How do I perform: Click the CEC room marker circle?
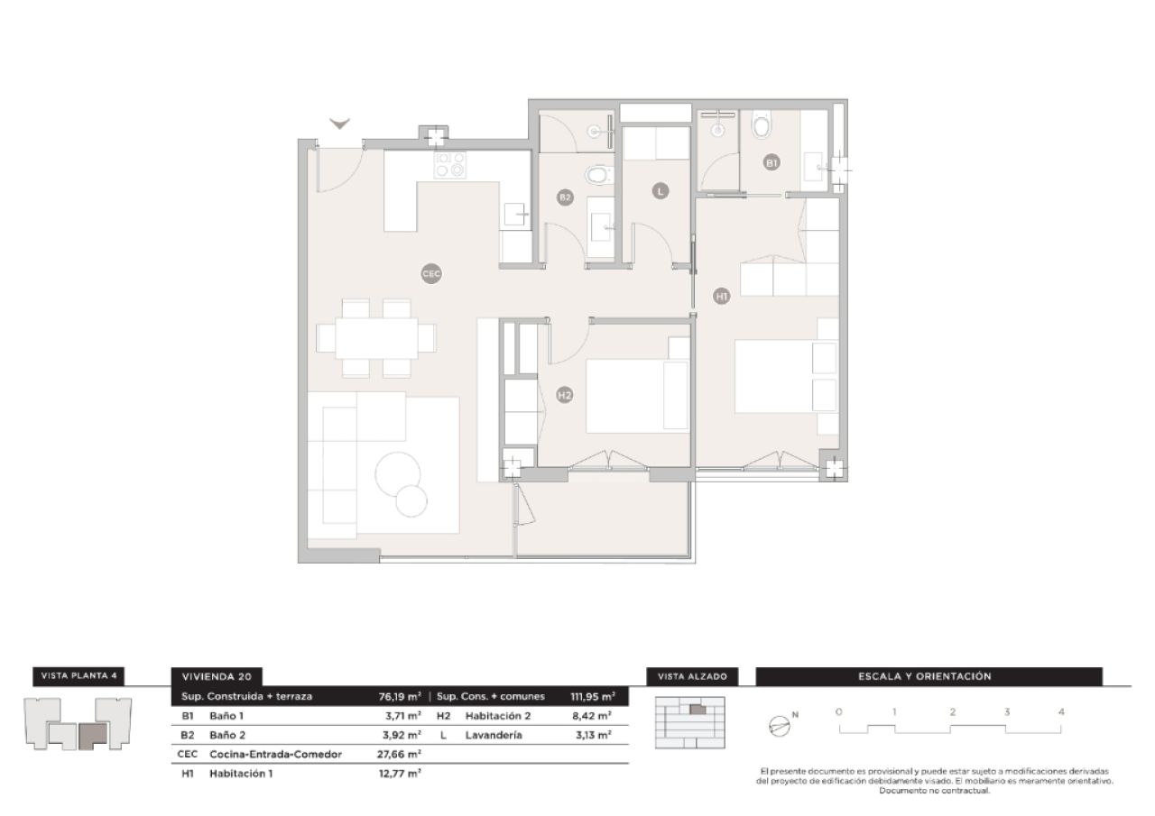click(x=431, y=272)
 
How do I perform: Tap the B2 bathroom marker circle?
click(x=565, y=197)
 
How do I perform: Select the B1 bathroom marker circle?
click(x=772, y=163)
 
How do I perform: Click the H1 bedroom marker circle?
click(x=721, y=295)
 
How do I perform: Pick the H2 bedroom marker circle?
click(x=564, y=394)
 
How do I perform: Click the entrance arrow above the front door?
click(x=340, y=124)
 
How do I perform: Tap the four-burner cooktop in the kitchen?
click(x=449, y=165)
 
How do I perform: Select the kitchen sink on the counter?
click(x=515, y=214)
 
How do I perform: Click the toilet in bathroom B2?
click(x=596, y=174)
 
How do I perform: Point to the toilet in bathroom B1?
click(x=762, y=124)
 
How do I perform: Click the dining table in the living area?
click(x=376, y=338)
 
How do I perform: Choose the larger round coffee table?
click(x=398, y=473)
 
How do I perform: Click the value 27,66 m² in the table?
click(x=400, y=754)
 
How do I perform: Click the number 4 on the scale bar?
click(x=1061, y=711)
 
